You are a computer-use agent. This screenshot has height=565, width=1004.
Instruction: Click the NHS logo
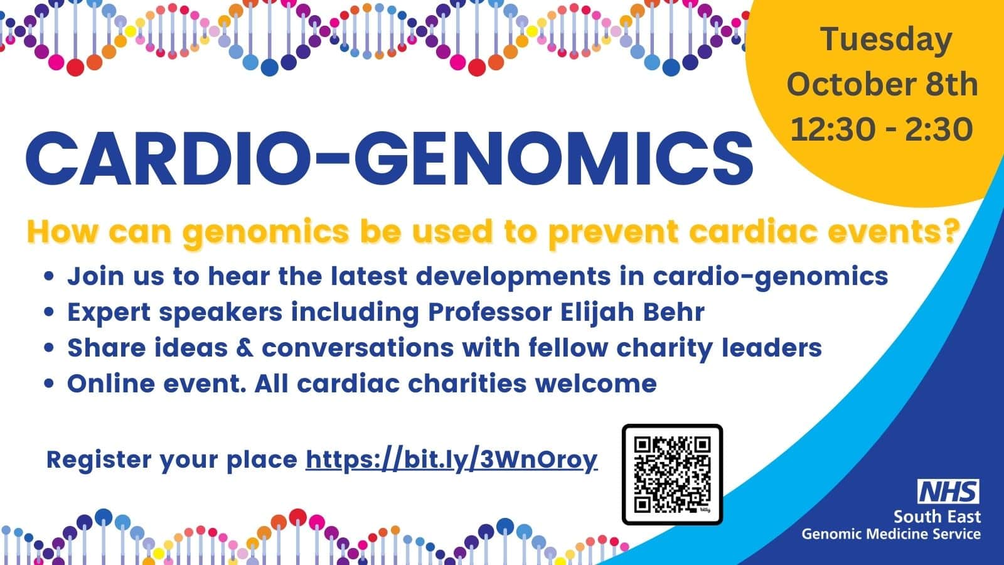tap(948, 492)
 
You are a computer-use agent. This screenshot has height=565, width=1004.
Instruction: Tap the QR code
tap(672, 475)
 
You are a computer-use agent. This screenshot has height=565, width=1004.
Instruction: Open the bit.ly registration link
tap(452, 460)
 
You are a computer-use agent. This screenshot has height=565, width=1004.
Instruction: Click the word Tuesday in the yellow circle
tap(887, 40)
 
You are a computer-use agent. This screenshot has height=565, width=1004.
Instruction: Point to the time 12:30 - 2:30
tap(882, 129)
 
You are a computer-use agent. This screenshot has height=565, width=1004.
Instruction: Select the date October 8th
tap(882, 84)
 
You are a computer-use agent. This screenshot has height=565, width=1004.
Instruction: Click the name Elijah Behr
tap(633, 312)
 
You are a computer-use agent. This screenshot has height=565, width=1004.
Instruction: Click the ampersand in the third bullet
tap(244, 348)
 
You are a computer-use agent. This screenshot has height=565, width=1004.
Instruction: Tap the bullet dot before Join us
tap(50, 276)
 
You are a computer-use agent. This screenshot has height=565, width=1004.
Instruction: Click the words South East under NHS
tap(937, 517)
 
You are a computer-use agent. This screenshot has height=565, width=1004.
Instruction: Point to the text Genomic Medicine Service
tap(891, 534)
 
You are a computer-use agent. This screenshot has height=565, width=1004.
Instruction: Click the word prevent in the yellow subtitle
tap(614, 232)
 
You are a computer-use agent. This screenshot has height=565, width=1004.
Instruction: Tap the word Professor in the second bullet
tap(490, 312)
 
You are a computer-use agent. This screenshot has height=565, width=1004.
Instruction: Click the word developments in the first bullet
tap(513, 277)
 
